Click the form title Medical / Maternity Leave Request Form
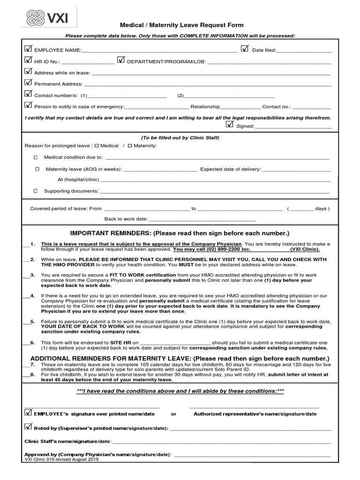pyautogui.click(x=182, y=25)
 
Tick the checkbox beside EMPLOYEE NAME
pyautogui.click(x=28, y=49)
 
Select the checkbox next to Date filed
pyautogui.click(x=245, y=49)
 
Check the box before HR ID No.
pyautogui.click(x=28, y=60)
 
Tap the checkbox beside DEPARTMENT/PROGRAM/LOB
pyautogui.click(x=121, y=60)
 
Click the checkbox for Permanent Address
pyautogui.click(x=28, y=83)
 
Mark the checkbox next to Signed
pyautogui.click(x=229, y=124)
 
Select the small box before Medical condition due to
pyautogui.click(x=35, y=157)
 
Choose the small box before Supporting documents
pyautogui.click(x=35, y=191)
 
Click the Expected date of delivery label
pyautogui.click(x=231, y=169)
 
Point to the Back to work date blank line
pyautogui.click(x=202, y=219)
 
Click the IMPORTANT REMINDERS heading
pyautogui.click(x=180, y=233)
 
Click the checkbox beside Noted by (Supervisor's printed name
pyautogui.click(x=28, y=427)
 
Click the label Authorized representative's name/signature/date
pyautogui.click(x=255, y=414)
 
